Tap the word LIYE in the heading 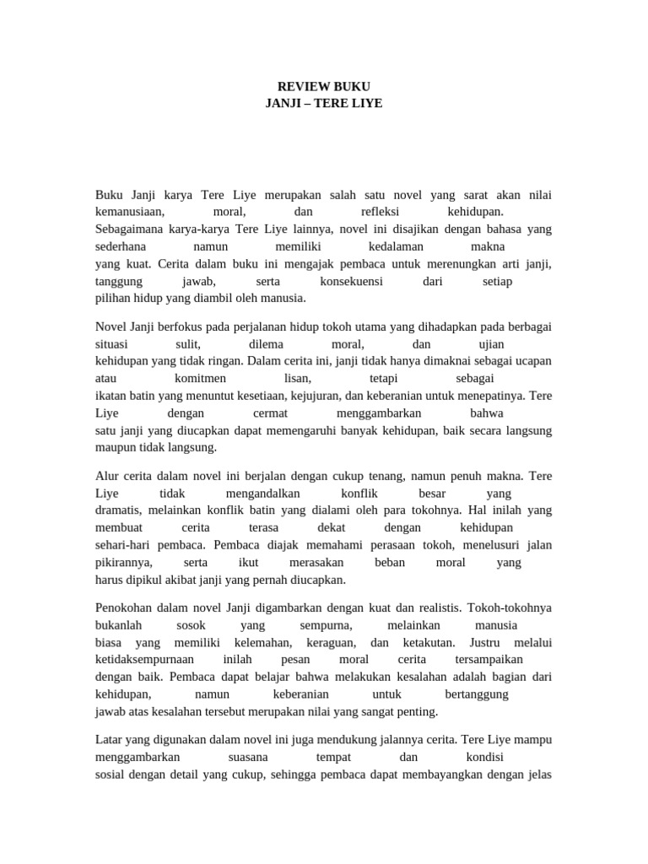click(x=364, y=103)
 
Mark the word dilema click(x=267, y=344)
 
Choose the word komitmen click(x=200, y=379)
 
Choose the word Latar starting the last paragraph click(x=110, y=740)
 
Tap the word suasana click(x=230, y=757)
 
